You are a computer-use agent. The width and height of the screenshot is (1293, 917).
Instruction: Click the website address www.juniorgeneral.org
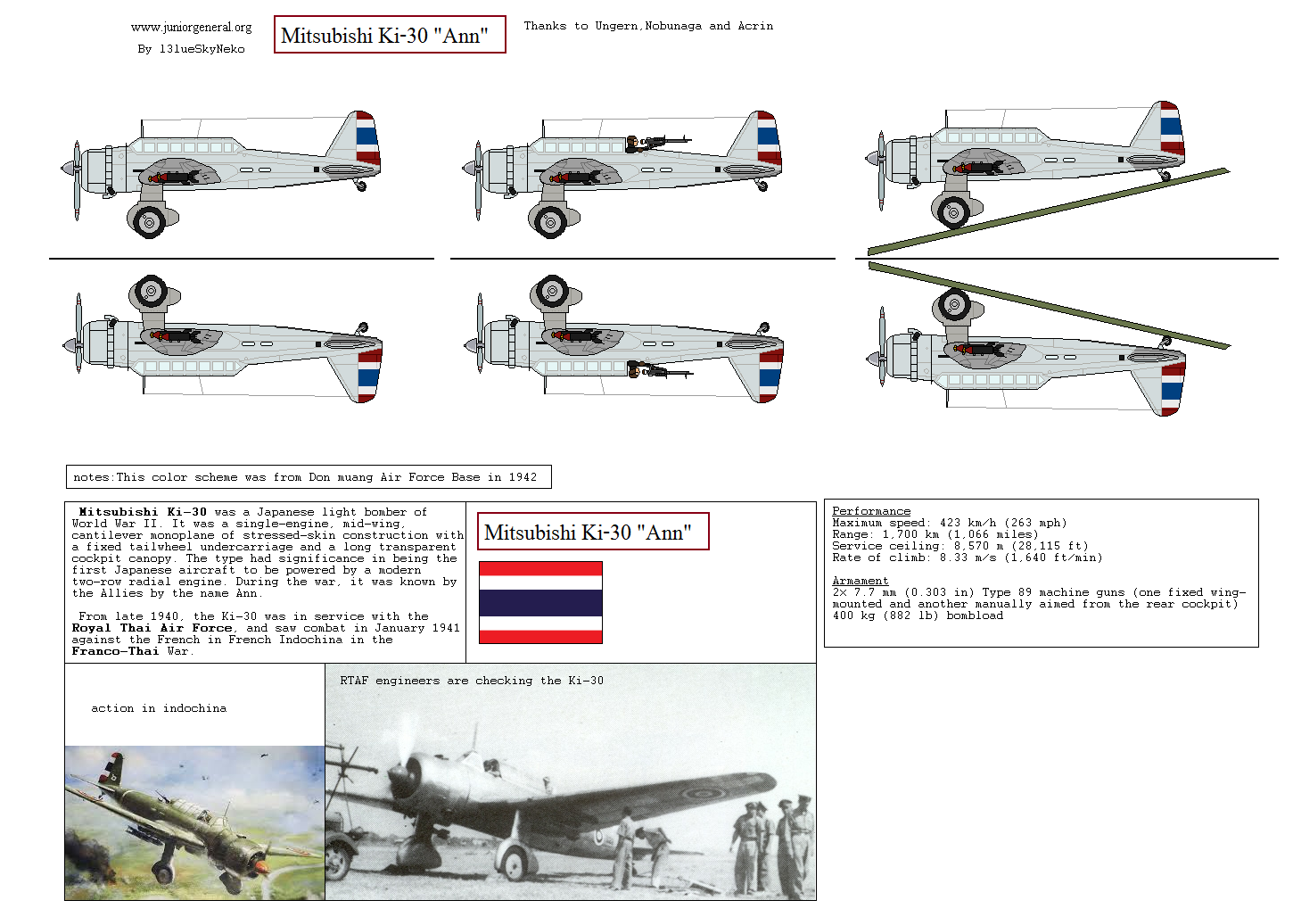[191, 28]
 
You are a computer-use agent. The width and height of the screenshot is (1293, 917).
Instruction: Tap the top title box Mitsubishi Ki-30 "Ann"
[389, 35]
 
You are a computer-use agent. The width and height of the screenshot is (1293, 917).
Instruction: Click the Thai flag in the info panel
[540, 602]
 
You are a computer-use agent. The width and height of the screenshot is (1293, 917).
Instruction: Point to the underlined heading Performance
[871, 511]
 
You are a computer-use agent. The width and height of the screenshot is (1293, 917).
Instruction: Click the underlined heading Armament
[860, 581]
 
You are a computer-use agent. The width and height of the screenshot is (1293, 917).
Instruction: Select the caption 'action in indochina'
[159, 708]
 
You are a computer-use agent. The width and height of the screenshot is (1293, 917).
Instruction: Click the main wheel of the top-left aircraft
[149, 220]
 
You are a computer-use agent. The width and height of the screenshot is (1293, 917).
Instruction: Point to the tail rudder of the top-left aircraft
[366, 138]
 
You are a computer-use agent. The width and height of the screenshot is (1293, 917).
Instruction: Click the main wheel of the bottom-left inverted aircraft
[150, 292]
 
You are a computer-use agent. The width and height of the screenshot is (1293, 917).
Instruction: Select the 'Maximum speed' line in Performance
[949, 523]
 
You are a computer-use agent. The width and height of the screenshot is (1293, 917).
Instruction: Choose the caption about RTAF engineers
[471, 681]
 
